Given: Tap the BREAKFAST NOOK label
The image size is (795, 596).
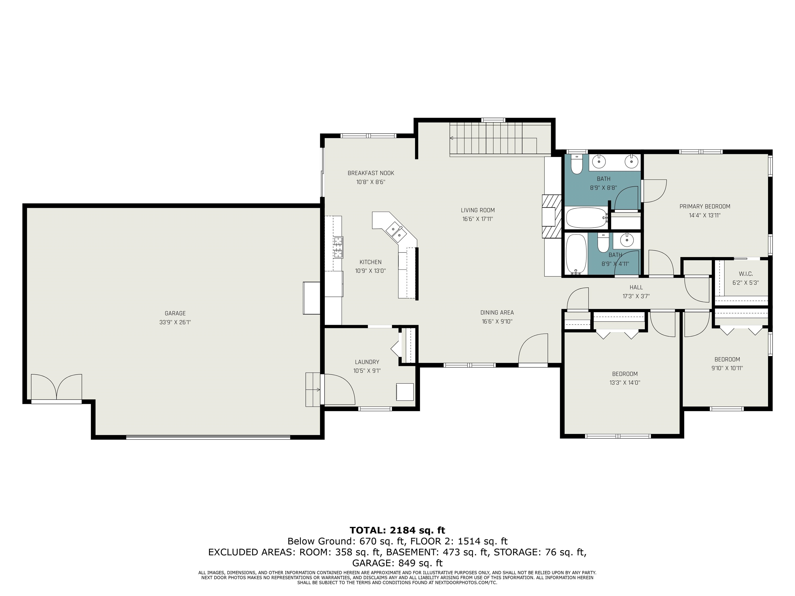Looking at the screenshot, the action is (371, 173).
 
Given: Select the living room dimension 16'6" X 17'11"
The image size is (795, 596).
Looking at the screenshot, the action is (478, 219).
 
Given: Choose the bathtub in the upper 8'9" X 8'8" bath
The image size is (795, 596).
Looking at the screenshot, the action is (586, 218).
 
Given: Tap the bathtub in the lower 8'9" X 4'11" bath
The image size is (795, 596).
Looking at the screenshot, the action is (576, 254).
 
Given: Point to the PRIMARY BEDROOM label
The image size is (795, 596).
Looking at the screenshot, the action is (704, 207).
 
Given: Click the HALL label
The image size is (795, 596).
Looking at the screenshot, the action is (636, 287).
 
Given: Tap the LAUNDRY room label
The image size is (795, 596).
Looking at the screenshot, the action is (367, 362).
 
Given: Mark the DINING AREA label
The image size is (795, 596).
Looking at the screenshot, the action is (497, 312).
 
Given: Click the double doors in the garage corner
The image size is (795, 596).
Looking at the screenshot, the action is (56, 387).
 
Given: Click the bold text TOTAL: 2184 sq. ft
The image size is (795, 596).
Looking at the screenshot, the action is (397, 530).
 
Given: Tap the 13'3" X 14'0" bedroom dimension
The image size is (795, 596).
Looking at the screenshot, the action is (625, 383).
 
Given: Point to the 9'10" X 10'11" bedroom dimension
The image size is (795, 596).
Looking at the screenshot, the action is (727, 368).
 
